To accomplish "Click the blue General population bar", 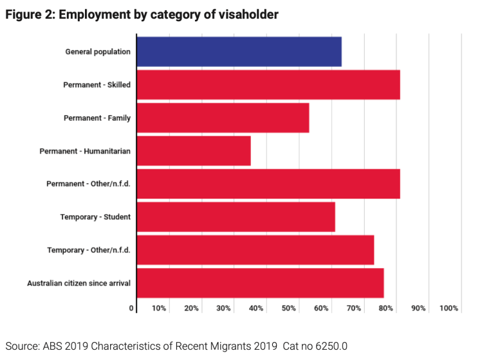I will pyautogui.click(x=239, y=51).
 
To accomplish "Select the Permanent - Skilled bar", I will pyautogui.click(x=268, y=85).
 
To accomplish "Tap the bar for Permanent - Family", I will pyautogui.click(x=223, y=118).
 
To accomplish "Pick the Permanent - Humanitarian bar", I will pyautogui.click(x=194, y=151).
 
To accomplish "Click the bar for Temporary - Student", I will pyautogui.click(x=236, y=217).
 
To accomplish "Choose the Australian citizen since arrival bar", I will pyautogui.click(x=260, y=283).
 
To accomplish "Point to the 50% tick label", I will pyautogui.click(x=289, y=309).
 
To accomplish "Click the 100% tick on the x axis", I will pyautogui.click(x=449, y=309).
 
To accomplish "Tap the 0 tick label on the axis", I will pyautogui.click(x=132, y=309).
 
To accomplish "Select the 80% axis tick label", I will pyautogui.click(x=386, y=309).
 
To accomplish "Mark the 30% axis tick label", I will pyautogui.click(x=224, y=309).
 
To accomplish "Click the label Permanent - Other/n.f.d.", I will pyautogui.click(x=88, y=184).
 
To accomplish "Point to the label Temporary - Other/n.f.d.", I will pyautogui.click(x=89, y=250).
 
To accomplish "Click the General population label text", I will pyautogui.click(x=98, y=51).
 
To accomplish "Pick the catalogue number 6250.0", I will pyautogui.click(x=331, y=346).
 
